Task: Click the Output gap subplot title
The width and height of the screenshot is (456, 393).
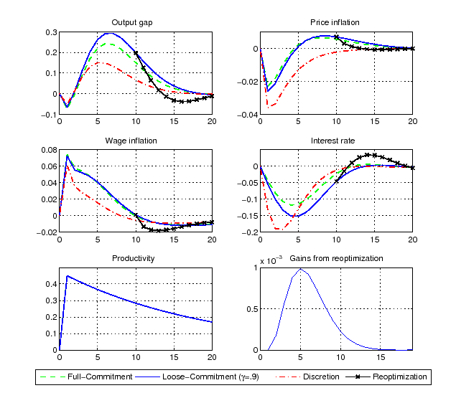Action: [x=135, y=23]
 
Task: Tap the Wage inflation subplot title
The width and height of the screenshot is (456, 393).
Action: [x=135, y=141]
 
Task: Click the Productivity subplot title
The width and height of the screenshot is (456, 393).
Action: [x=135, y=258]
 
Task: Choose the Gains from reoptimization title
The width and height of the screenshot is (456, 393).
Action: [x=336, y=258]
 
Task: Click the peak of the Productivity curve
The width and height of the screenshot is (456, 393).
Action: [x=67, y=275]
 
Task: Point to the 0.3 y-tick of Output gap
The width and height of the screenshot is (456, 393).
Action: [x=50, y=33]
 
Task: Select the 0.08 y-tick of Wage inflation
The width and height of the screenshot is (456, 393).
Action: [x=48, y=150]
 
